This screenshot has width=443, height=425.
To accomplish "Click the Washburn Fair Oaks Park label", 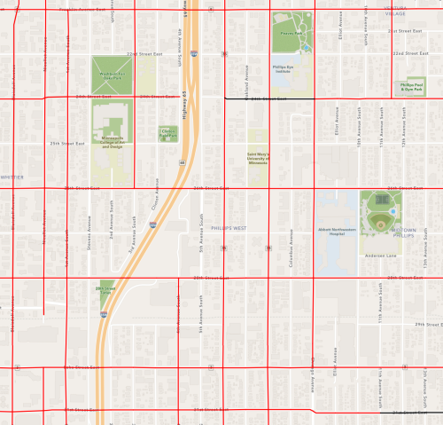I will pos(112,77).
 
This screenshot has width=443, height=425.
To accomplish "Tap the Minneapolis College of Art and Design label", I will pos(112,140).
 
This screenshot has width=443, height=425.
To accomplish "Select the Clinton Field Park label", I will pos(168,134).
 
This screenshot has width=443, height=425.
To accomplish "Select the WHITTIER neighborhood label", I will pos(12,177).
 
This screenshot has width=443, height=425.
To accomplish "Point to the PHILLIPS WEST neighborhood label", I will pos(228,228).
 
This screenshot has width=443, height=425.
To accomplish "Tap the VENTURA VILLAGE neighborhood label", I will pos(395,12).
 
